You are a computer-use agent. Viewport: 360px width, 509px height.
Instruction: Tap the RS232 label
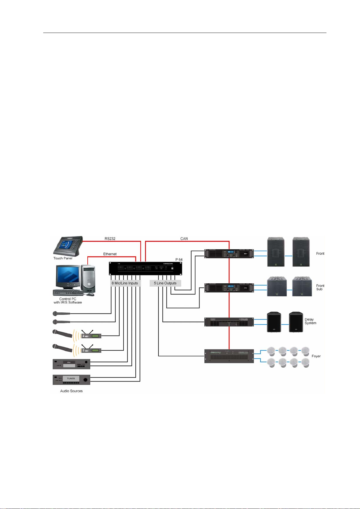110,239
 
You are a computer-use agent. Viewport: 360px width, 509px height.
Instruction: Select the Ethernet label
110,254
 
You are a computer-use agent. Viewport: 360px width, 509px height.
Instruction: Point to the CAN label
184,239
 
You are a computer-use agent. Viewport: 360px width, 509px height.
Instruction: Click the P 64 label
179,259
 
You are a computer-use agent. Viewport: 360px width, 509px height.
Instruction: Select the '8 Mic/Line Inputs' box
125,283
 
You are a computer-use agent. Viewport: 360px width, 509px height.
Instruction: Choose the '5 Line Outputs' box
165,283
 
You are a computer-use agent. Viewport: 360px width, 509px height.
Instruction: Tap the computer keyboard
68,292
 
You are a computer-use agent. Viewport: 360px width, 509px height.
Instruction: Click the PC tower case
89,279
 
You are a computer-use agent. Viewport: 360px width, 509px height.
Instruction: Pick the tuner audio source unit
71,379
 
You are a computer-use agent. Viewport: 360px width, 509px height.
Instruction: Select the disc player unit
71,364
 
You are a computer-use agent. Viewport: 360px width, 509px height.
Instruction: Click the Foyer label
316,356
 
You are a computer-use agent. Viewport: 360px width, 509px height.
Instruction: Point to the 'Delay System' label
310,321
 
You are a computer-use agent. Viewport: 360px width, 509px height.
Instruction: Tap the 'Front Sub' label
320,287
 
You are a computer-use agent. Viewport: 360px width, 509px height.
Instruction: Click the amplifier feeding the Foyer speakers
229,356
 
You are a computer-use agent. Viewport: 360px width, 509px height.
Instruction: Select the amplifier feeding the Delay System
229,322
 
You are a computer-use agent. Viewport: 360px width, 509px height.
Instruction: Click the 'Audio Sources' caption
71,391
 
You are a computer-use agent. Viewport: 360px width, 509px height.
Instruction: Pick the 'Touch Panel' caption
63,258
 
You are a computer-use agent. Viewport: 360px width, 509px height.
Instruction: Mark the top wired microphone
61,314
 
